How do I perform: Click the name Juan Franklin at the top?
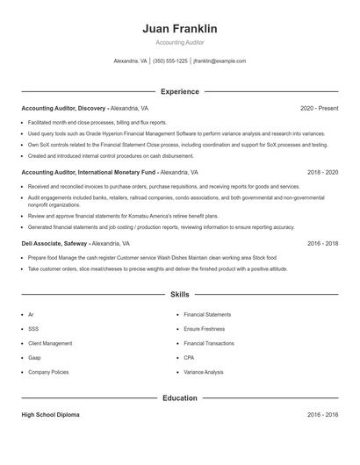click(x=179, y=29)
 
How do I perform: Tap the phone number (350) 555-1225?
click(x=170, y=61)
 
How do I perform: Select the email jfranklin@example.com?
click(x=220, y=61)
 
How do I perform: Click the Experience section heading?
click(x=179, y=91)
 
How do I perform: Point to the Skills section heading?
click(x=179, y=295)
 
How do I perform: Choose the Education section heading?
click(x=179, y=397)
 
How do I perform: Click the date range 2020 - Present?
click(x=319, y=108)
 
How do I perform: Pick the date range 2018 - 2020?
click(x=322, y=173)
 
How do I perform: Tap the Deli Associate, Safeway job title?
click(x=53, y=242)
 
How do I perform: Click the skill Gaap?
click(x=35, y=358)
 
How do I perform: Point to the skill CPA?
click(x=189, y=358)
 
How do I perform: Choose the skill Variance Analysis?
click(x=204, y=372)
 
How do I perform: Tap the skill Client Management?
click(x=50, y=343)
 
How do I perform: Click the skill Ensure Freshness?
click(x=205, y=329)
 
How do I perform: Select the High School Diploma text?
click(x=50, y=414)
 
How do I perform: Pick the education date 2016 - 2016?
click(x=322, y=414)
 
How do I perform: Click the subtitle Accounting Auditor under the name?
click(x=179, y=42)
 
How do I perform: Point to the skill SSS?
click(x=33, y=329)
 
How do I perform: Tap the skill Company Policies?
click(x=48, y=372)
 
